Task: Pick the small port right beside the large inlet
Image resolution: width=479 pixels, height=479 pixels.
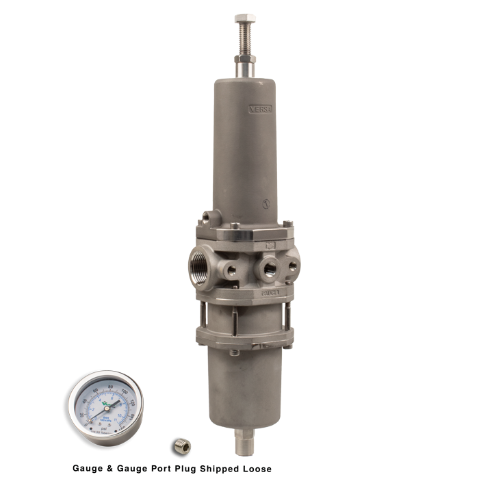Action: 233,268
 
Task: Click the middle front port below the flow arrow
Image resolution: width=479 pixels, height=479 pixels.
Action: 269,266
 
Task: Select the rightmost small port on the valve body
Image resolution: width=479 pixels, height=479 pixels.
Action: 294,263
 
